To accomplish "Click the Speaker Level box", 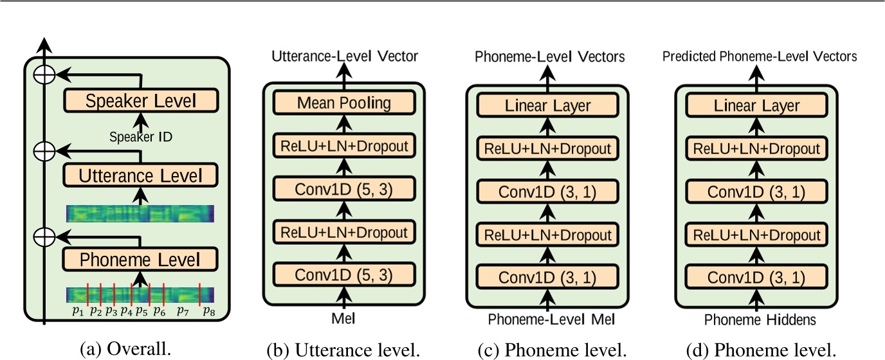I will coord(141,101).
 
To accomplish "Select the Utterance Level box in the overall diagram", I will coord(141,175).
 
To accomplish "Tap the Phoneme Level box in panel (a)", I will coord(141,259).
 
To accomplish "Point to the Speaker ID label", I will coord(141,136).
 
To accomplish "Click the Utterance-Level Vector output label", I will coord(345,57).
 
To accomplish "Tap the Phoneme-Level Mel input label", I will coord(548,319).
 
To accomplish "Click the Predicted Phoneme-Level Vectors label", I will coord(760,57).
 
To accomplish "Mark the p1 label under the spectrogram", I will coord(78,311).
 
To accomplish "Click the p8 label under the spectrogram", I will coord(207,311).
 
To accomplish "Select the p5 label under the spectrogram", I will coord(142,311).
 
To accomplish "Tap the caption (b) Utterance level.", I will coord(344,349).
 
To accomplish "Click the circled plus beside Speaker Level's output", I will coord(44,75).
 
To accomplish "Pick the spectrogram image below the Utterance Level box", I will coord(140,213).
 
